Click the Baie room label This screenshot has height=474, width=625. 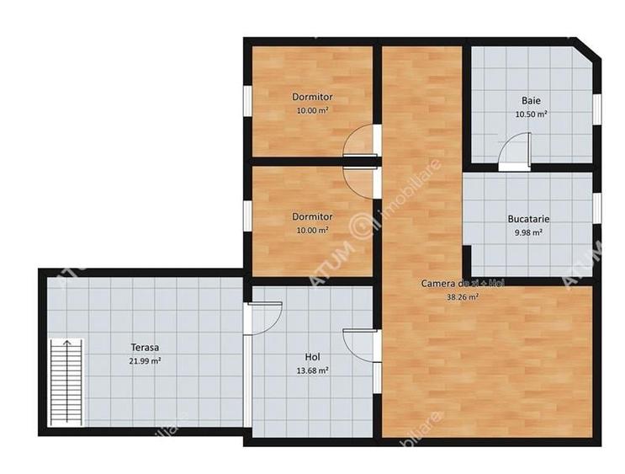[531, 100]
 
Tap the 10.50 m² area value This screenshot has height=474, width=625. [531, 115]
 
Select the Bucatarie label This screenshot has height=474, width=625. [528, 219]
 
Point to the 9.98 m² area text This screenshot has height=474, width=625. [528, 232]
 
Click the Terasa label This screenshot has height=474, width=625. [145, 348]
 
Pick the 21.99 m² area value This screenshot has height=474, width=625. [145, 361]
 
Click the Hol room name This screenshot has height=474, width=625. [312, 357]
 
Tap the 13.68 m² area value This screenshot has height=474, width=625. [313, 370]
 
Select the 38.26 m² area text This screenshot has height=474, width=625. [463, 297]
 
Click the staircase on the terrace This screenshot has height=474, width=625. [66, 382]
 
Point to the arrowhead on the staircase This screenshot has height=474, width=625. [67, 343]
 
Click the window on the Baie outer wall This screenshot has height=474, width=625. [596, 109]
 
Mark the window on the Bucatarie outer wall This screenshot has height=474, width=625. [596, 208]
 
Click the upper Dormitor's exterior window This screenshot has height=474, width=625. [247, 101]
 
